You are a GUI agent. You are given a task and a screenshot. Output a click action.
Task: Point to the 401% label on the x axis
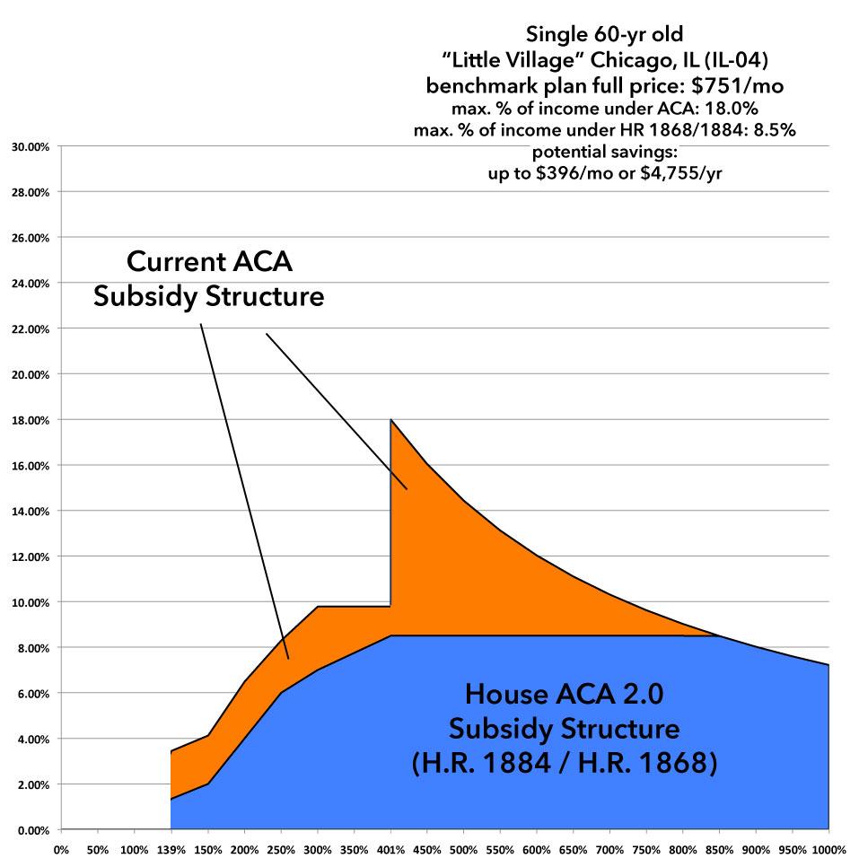390,848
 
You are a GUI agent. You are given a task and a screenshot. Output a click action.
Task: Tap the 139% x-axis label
171,848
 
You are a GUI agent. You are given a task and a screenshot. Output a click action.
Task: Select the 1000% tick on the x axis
828,848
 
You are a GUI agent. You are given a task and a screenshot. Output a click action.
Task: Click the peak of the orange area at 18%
390,419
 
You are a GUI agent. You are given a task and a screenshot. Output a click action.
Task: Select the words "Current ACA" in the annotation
209,262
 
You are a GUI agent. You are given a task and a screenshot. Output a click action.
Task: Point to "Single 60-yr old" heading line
605,37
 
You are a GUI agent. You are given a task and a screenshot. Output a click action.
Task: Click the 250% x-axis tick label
280,848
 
